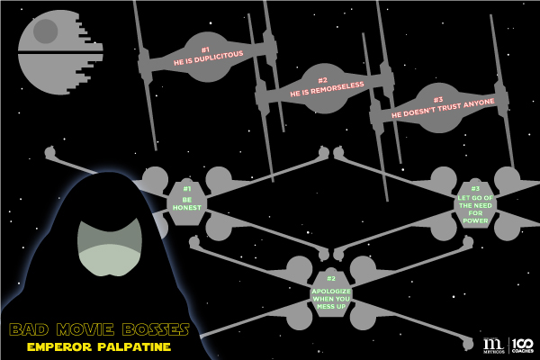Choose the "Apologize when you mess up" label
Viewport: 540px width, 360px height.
point(330,298)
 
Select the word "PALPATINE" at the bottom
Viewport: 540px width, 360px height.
point(133,346)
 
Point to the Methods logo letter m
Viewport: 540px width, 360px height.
point(492,343)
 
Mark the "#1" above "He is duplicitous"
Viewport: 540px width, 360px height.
point(205,50)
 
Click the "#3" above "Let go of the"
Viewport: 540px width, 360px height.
point(474,189)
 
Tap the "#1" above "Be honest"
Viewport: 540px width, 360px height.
point(187,189)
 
